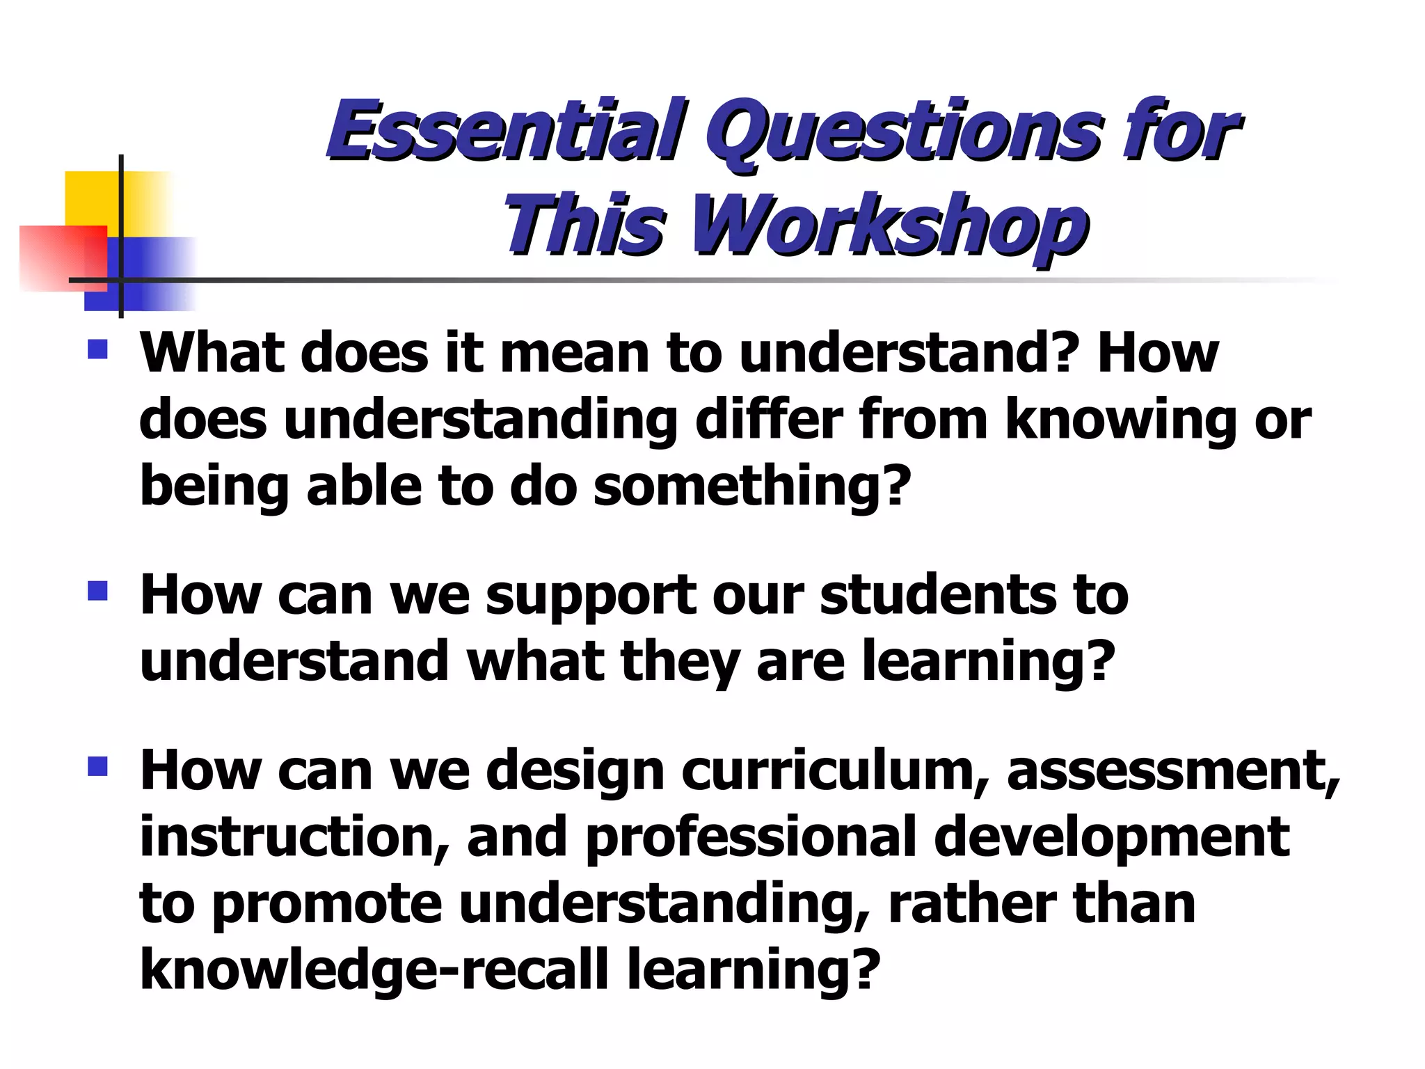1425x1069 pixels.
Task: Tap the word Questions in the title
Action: pos(905,132)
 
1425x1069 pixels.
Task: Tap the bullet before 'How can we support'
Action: pos(98,591)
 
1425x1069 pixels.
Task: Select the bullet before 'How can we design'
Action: pos(98,766)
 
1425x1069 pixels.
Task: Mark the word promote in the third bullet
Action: pos(327,904)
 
